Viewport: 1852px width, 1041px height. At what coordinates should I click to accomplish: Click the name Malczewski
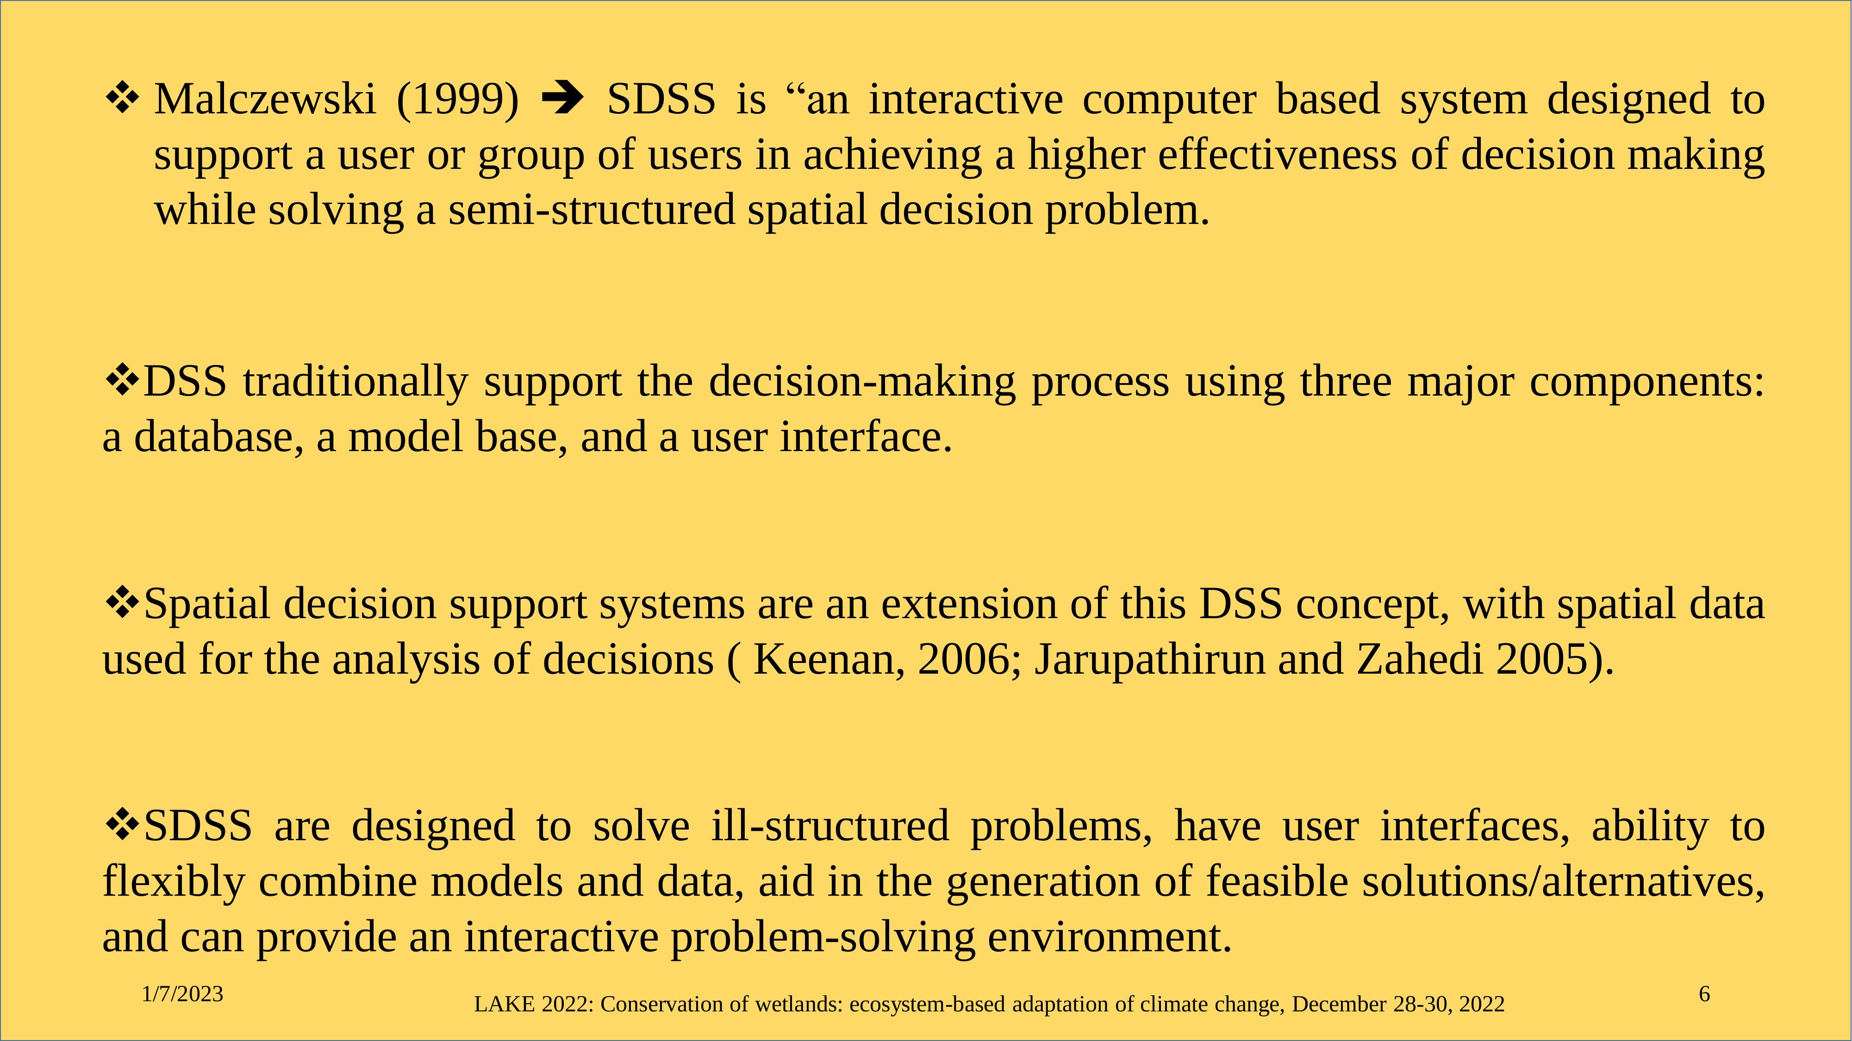coord(265,99)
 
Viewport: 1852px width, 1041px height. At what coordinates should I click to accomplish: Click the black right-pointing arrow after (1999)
coord(562,99)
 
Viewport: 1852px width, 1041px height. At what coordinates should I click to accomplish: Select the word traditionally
coord(355,382)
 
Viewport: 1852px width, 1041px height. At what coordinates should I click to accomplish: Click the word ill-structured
coord(830,825)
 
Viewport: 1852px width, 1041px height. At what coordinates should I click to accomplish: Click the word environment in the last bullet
coord(1110,937)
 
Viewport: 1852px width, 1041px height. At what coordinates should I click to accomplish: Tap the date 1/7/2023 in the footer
coord(183,994)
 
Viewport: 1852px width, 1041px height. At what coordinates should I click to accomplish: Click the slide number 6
coord(1704,994)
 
